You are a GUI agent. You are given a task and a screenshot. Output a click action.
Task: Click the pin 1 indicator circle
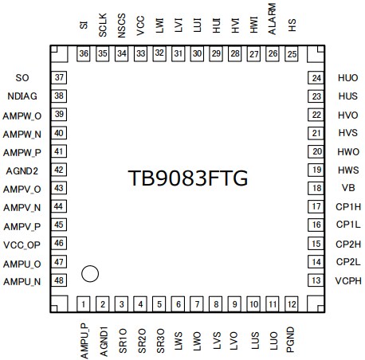click(90, 274)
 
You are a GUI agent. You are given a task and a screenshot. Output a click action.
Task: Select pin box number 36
click(84, 53)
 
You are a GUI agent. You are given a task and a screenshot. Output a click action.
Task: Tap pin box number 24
click(316, 78)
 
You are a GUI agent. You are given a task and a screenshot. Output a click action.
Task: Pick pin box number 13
click(316, 280)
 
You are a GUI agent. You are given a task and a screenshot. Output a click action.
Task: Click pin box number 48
click(59, 280)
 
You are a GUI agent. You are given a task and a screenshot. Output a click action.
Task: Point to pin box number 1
click(84, 304)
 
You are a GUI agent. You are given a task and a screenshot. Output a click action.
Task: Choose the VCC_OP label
click(24, 244)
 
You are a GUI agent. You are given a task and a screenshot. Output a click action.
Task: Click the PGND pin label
click(291, 334)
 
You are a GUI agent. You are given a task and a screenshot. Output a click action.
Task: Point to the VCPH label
click(347, 280)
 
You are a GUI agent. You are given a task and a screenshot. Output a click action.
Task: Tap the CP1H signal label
click(347, 206)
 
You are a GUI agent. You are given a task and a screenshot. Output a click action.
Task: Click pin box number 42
click(59, 170)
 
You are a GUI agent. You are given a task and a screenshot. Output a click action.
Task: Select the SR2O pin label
click(141, 334)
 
